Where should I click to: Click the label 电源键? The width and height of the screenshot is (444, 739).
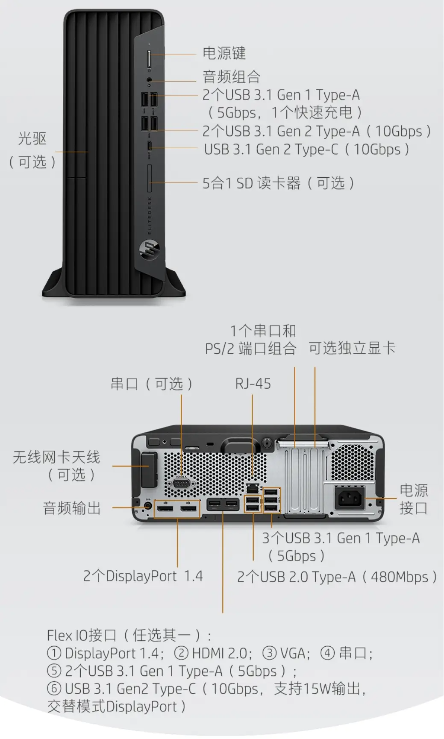pyautogui.click(x=224, y=53)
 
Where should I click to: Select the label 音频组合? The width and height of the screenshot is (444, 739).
pyautogui.click(x=231, y=77)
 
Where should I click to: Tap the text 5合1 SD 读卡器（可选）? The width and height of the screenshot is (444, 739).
pyautogui.click(x=279, y=183)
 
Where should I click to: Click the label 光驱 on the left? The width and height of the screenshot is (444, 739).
pyautogui.click(x=32, y=139)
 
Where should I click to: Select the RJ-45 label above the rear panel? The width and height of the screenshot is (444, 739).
pyautogui.click(x=253, y=384)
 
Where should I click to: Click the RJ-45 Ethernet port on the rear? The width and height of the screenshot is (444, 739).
pyautogui.click(x=253, y=487)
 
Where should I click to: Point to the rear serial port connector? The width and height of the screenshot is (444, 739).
pyautogui.click(x=182, y=483)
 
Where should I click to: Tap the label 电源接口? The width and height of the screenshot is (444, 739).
pyautogui.click(x=413, y=499)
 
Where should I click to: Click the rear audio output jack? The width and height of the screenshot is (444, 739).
pyautogui.click(x=148, y=505)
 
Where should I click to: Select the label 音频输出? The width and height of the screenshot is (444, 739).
pyautogui.click(x=71, y=508)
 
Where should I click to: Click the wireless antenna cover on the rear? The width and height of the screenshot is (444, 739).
pyautogui.click(x=148, y=469)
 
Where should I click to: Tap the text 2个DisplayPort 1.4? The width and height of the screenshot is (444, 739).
pyautogui.click(x=143, y=576)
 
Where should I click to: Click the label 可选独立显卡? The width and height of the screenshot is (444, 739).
pyautogui.click(x=352, y=348)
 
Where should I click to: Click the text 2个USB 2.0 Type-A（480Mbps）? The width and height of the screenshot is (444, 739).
pyautogui.click(x=337, y=577)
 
